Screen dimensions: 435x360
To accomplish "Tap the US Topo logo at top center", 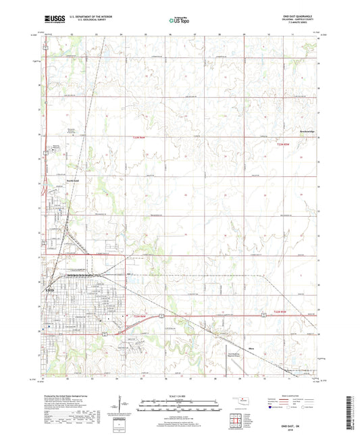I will point(178,22).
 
